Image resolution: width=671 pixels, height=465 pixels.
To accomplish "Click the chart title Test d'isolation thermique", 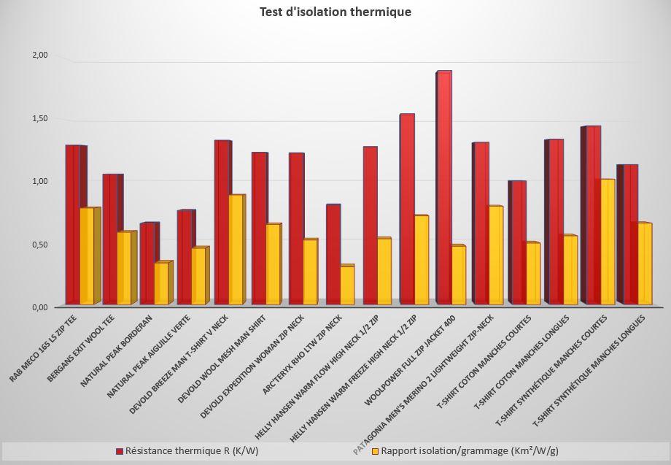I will tap(335, 12).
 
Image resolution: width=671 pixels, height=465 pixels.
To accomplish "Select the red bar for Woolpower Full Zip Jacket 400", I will tap(443, 190).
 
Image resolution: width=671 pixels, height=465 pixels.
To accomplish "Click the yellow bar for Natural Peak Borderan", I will tap(161, 283).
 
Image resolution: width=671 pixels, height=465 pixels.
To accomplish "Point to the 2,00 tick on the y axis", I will tap(39, 55).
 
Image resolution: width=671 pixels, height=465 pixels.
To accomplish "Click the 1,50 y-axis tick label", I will tap(39, 118).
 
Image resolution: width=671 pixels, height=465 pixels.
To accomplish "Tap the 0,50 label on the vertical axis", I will tap(39, 245).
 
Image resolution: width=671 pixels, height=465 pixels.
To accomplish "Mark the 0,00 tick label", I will tap(39, 307).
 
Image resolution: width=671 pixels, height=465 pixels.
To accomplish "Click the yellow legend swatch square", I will tap(376, 451).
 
